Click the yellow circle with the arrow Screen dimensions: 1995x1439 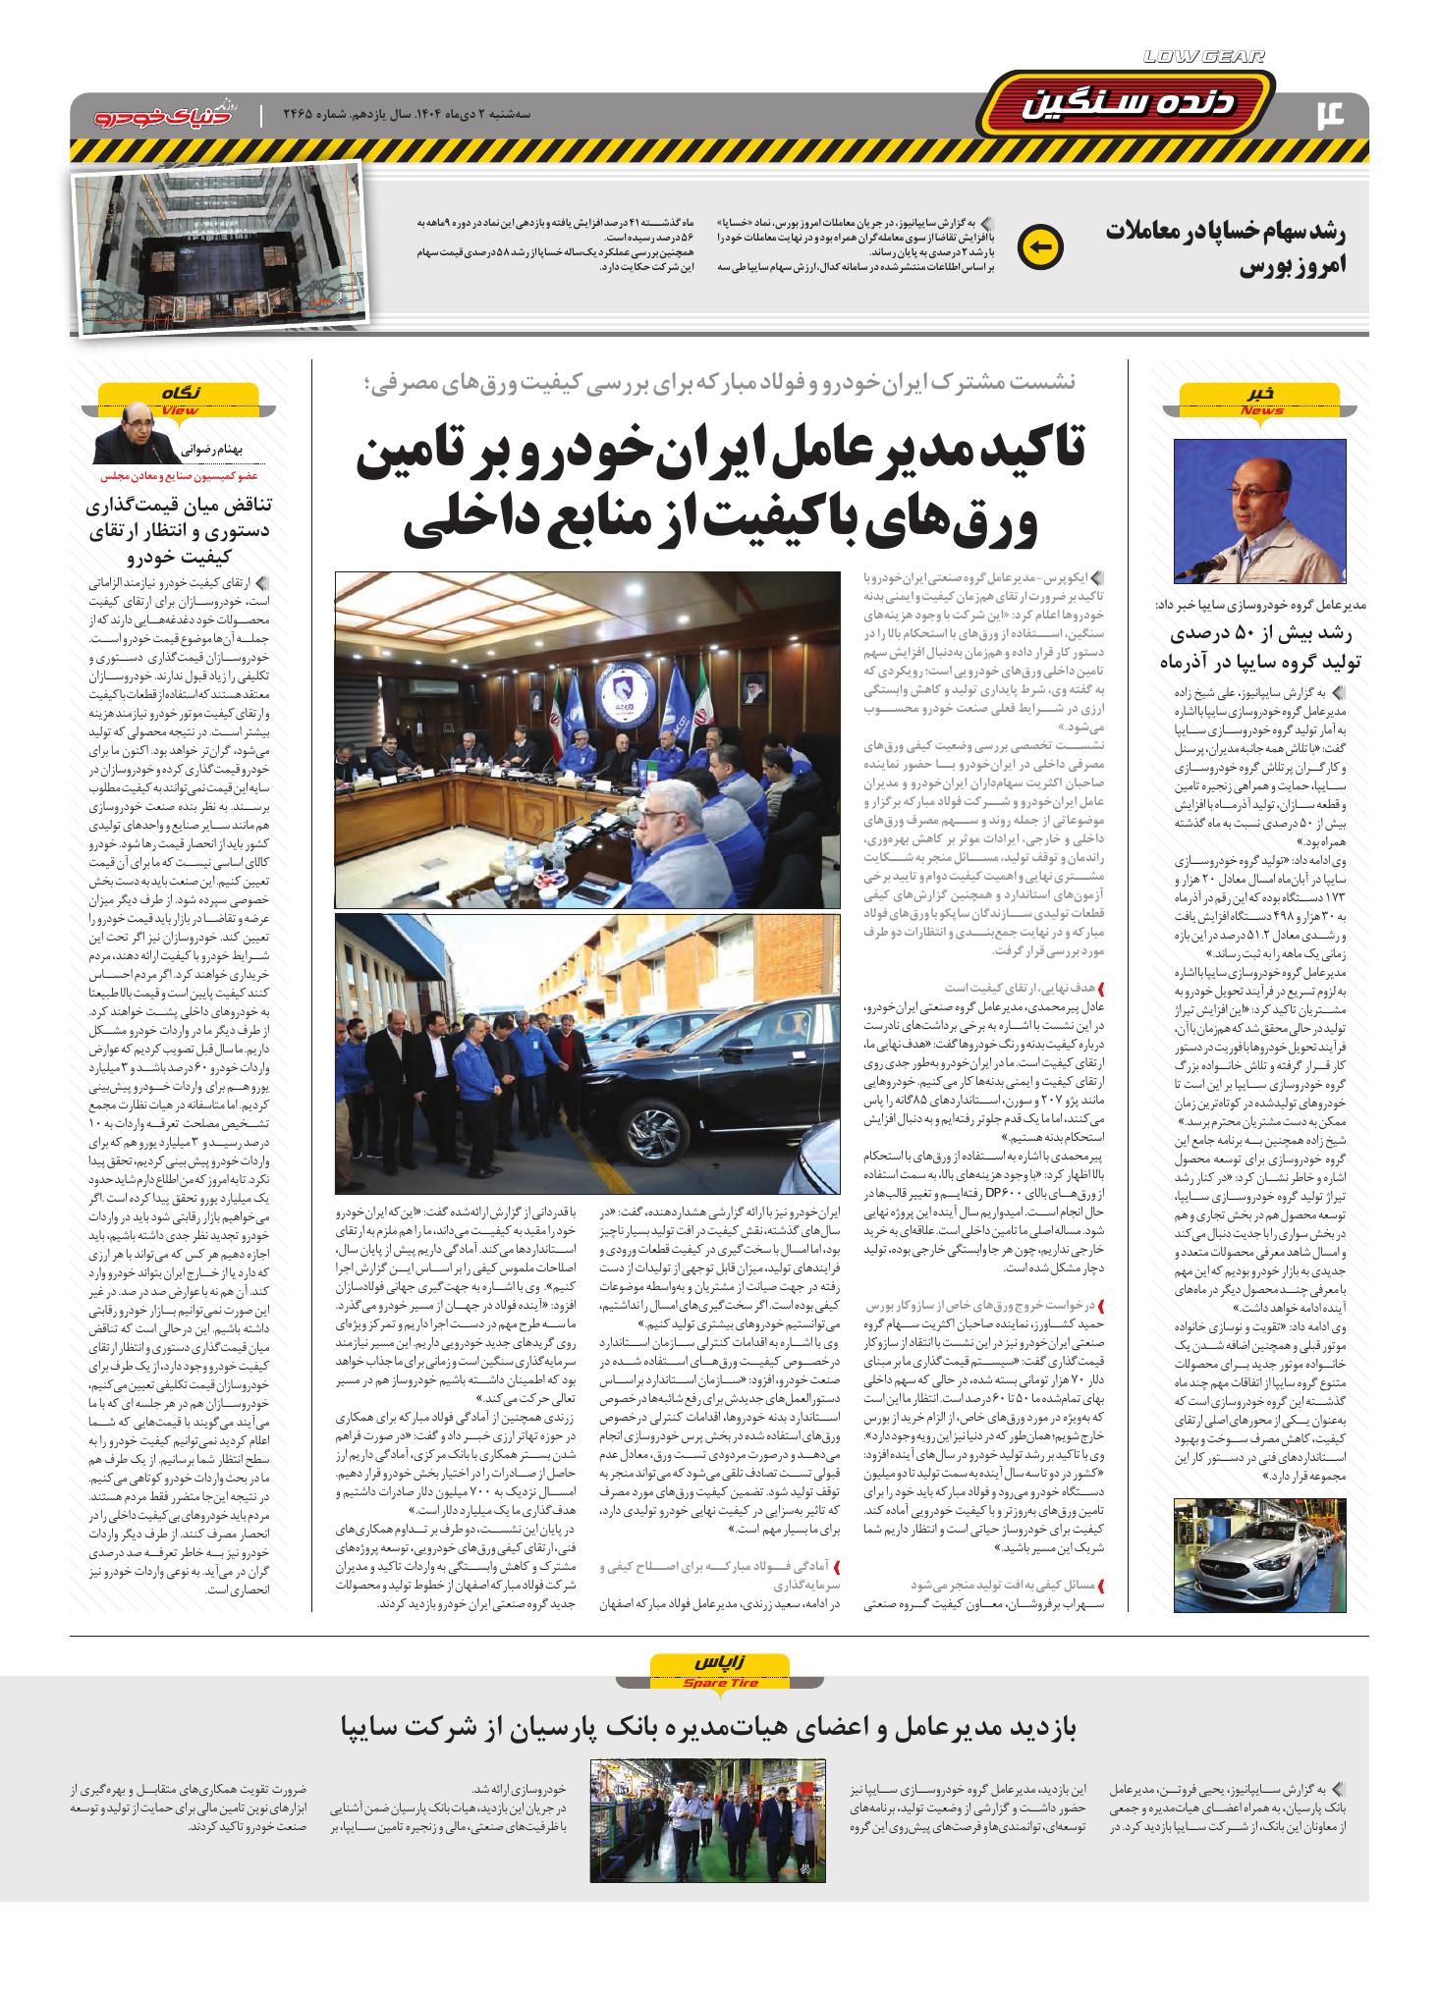tap(1040, 247)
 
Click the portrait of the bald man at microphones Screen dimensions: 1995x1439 tap(1260, 511)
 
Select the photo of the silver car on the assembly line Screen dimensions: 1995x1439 tap(1260, 1555)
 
